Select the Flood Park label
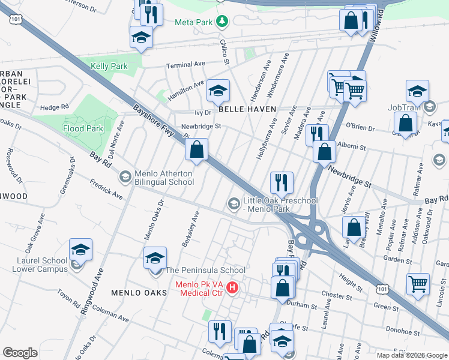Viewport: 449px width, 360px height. coord(83,128)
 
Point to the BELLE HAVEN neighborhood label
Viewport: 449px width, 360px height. coord(247,109)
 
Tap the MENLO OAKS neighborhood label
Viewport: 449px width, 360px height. coord(138,292)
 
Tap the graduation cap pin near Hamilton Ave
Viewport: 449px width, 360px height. coord(218,91)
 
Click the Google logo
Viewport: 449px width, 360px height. coord(20,352)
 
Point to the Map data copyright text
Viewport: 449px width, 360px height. coord(412,355)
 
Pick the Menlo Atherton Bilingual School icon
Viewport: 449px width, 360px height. coord(125,176)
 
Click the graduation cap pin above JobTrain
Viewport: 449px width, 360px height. coord(417,91)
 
